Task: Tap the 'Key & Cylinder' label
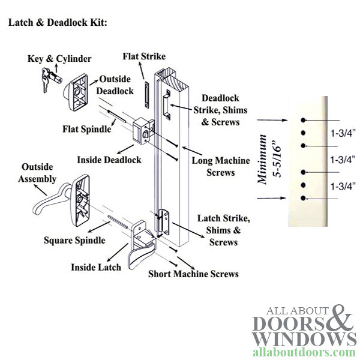coord(59,59)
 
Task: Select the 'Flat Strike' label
coord(144,57)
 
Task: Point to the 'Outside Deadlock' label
coord(116,85)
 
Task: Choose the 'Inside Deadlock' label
coord(109,160)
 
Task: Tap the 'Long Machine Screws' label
coord(213,167)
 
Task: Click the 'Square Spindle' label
coord(74,241)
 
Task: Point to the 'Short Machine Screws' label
coord(193,274)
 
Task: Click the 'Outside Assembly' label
coord(39,173)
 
